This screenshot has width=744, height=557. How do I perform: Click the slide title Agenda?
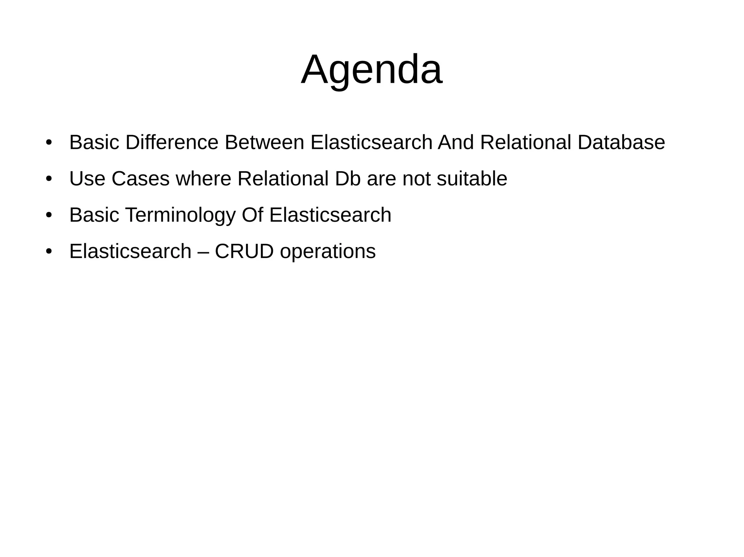(372, 70)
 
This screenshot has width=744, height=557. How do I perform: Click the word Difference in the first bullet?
(172, 142)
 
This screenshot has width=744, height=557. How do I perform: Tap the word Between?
(264, 142)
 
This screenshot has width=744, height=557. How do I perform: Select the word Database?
(621, 142)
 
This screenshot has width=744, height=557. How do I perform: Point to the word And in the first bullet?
(456, 142)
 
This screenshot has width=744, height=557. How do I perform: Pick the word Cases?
(141, 179)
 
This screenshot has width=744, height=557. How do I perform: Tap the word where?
(203, 179)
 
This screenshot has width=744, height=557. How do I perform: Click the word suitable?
(472, 179)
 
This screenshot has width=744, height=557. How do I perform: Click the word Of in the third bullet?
(252, 215)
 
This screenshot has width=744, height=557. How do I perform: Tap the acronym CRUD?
(244, 251)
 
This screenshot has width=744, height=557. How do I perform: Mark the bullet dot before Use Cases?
(49, 179)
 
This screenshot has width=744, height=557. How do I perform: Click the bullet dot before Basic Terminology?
(49, 215)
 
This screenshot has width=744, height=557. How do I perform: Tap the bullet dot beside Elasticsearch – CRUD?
(49, 251)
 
